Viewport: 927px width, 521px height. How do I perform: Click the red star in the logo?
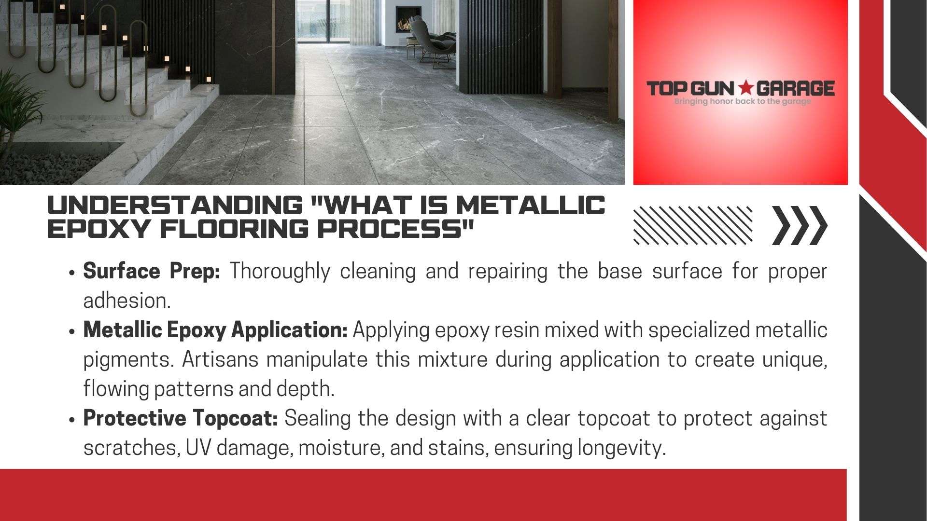click(746, 88)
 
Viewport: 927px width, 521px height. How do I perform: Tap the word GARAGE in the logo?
click(795, 88)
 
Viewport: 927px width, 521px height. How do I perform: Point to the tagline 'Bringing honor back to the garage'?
click(742, 101)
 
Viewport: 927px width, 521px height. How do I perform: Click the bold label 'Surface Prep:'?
click(152, 272)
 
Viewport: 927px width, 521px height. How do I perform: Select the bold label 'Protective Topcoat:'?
click(181, 419)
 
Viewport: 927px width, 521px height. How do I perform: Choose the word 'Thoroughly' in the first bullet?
click(280, 272)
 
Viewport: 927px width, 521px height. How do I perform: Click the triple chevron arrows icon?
click(800, 225)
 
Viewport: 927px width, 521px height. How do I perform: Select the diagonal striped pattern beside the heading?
click(693, 225)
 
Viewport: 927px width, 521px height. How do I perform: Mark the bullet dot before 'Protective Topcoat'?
click(71, 420)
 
